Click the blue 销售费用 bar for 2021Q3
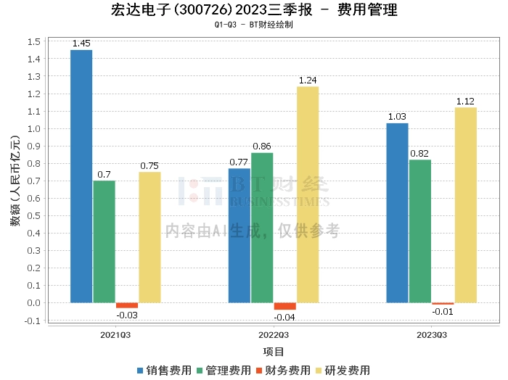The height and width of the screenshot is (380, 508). pos(81,176)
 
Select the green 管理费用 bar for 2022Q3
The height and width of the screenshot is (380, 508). pos(262,228)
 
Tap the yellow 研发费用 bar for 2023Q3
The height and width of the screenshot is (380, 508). pos(466,205)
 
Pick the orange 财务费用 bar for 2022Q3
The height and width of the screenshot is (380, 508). pos(284,306)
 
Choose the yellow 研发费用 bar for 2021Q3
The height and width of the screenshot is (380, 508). pos(149,237)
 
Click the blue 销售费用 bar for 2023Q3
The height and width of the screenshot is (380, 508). pos(397,213)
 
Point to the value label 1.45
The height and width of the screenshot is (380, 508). pos(81,44)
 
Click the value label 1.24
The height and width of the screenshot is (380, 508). pos(308,80)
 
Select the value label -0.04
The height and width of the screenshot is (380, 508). pos(284,317)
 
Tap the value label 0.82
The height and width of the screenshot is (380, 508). pos(419,154)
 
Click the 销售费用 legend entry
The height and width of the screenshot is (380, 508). pos(164,370)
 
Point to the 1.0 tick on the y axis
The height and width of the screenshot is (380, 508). pos(33,129)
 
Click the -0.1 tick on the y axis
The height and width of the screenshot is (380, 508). pos(31,321)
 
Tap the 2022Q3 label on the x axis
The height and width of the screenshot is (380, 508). pos(274,335)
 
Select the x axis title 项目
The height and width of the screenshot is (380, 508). pos(274,352)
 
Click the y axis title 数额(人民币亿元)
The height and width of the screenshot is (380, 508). pos(15,181)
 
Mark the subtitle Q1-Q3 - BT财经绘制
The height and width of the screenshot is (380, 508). pos(254,25)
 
